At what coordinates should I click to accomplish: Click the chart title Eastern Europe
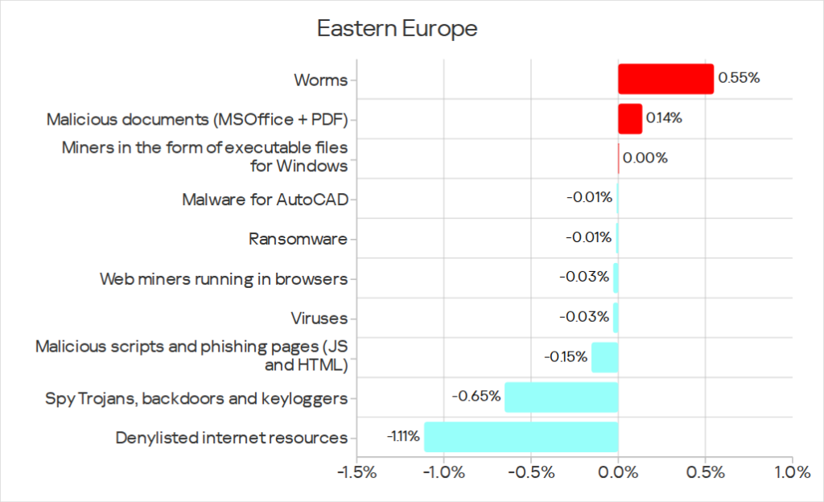click(x=397, y=29)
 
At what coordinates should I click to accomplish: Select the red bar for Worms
click(x=665, y=79)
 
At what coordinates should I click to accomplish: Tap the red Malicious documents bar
click(x=630, y=118)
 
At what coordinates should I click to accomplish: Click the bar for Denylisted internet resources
click(x=521, y=437)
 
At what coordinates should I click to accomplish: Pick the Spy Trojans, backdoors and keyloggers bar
click(x=561, y=397)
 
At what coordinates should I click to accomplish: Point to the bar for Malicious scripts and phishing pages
click(x=604, y=357)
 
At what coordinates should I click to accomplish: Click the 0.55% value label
click(x=739, y=79)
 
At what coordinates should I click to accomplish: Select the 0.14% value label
click(x=664, y=118)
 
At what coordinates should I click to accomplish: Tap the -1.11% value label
click(x=402, y=437)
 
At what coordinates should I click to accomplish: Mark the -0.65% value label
click(x=476, y=397)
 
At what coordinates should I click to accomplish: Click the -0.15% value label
click(x=565, y=357)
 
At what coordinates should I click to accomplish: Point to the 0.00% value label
click(x=645, y=158)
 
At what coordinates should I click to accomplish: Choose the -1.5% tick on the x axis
click(x=357, y=473)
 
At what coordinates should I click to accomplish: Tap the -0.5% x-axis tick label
click(x=531, y=473)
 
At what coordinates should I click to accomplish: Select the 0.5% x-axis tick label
click(x=704, y=473)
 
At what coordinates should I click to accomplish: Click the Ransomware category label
click(x=298, y=238)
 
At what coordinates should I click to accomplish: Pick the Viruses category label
click(x=319, y=318)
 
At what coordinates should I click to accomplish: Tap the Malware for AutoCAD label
click(x=265, y=198)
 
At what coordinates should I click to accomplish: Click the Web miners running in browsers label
click(x=223, y=278)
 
